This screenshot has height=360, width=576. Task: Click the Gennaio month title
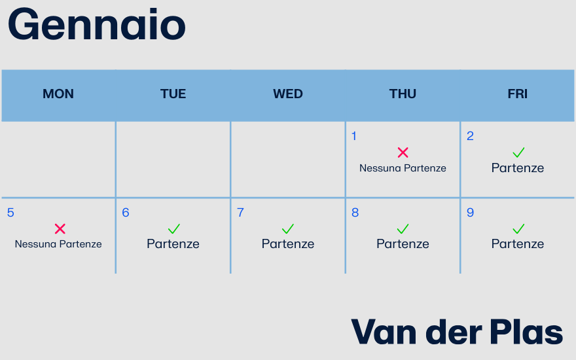pyautogui.click(x=97, y=26)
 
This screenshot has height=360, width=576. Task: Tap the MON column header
pyautogui.click(x=58, y=94)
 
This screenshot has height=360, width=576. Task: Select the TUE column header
pyautogui.click(x=173, y=94)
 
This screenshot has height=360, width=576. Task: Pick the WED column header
pyautogui.click(x=288, y=94)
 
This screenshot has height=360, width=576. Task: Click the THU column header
pyautogui.click(x=403, y=94)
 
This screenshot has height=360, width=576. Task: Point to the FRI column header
pyautogui.click(x=517, y=94)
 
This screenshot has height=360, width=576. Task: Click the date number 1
pyautogui.click(x=354, y=136)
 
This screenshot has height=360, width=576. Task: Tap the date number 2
pyautogui.click(x=470, y=136)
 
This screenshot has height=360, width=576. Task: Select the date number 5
pyautogui.click(x=10, y=213)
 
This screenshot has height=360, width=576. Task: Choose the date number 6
pyautogui.click(x=126, y=213)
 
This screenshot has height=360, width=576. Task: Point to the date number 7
pyautogui.click(x=240, y=213)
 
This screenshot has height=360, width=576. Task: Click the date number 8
pyautogui.click(x=355, y=213)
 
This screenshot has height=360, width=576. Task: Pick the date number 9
pyautogui.click(x=470, y=213)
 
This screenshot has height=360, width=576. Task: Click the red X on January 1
pyautogui.click(x=403, y=153)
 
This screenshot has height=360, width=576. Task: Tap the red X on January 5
pyautogui.click(x=60, y=228)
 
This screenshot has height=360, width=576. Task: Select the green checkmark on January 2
pyautogui.click(x=518, y=153)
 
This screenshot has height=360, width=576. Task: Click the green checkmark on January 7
pyautogui.click(x=288, y=228)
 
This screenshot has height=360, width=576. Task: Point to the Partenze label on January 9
pyautogui.click(x=518, y=244)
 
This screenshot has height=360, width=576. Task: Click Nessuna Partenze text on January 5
pyautogui.click(x=58, y=244)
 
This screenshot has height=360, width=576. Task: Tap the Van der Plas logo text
pyautogui.click(x=457, y=332)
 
